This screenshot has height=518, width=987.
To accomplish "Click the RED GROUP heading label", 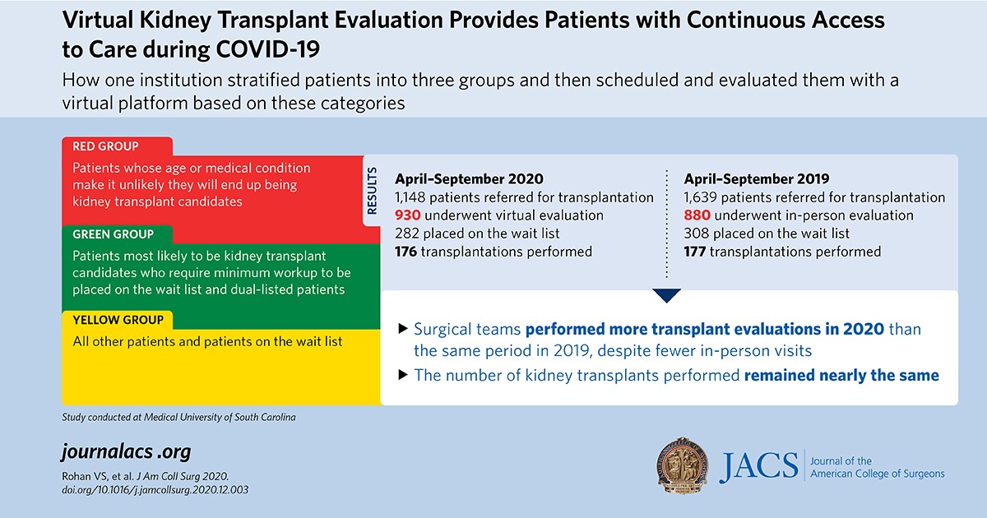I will coord(106,147).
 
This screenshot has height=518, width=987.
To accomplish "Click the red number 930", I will coord(410,215).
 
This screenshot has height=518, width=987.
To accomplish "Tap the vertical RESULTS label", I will coord(372,192).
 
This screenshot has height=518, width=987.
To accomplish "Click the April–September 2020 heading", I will coord(469,178).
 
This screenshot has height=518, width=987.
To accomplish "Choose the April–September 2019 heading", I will coord(757,178).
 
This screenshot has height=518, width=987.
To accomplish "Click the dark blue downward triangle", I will coord(667,295).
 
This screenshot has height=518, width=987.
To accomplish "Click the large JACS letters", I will coord(758,466).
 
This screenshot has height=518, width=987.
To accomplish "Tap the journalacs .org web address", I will coord(126,452).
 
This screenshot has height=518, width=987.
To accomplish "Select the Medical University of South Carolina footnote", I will coord(178,417).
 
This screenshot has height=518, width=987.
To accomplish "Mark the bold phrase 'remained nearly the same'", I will coord(841,376).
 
